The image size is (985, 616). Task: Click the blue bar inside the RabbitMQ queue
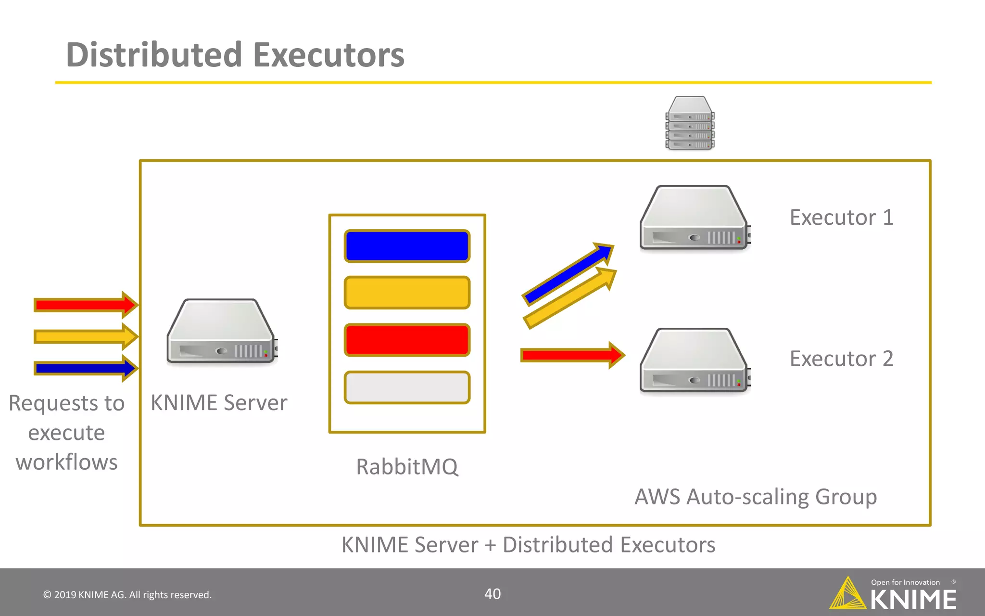tap(407, 246)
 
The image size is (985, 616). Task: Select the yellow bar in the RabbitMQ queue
tap(407, 292)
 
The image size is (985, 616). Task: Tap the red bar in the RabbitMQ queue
tap(407, 340)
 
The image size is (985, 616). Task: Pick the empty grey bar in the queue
tap(407, 387)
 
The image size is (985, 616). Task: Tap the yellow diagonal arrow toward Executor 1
tap(570, 298)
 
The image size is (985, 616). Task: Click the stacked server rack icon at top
tap(690, 123)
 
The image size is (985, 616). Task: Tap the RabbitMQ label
tap(407, 466)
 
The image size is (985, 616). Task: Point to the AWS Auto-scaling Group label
tap(756, 497)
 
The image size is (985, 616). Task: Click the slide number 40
tap(492, 594)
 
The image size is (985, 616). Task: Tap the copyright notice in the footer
tap(127, 595)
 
